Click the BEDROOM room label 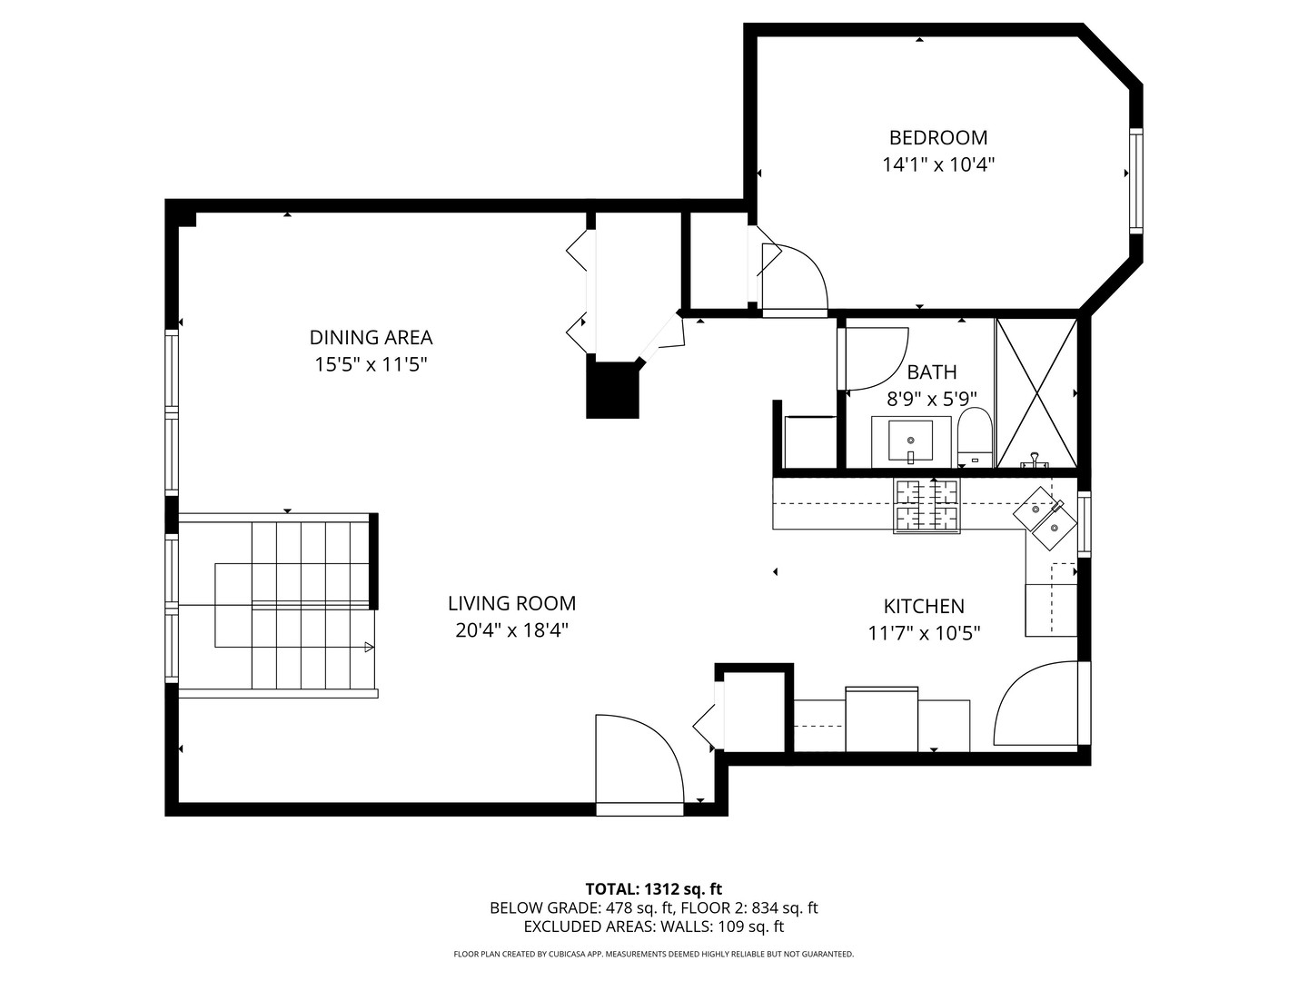937,137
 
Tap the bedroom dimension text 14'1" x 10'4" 937,164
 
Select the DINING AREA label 371,337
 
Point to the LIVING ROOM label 511,603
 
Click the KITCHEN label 924,606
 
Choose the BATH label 932,372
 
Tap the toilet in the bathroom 975,438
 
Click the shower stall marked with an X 1036,392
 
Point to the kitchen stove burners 927,506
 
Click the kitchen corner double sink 1045,518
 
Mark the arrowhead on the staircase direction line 369,647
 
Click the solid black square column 613,390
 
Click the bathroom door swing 874,357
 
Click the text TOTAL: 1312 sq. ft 653,888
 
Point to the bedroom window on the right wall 1135,181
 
